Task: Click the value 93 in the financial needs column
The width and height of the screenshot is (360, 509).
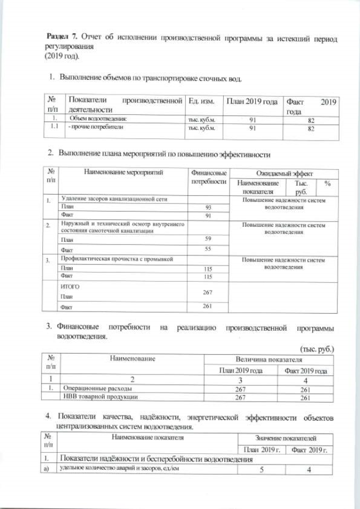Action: [x=208, y=208]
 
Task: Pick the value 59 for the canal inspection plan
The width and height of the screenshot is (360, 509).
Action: [x=208, y=239]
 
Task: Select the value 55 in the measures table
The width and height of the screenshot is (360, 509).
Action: [x=208, y=249]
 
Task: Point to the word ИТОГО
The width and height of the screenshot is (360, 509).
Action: [x=70, y=286]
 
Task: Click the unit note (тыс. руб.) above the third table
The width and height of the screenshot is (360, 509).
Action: [x=317, y=349]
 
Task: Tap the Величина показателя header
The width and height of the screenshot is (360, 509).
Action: [x=269, y=359]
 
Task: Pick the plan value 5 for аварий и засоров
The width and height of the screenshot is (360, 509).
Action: [x=262, y=470]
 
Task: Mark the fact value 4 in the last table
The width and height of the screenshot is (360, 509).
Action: [x=309, y=470]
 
